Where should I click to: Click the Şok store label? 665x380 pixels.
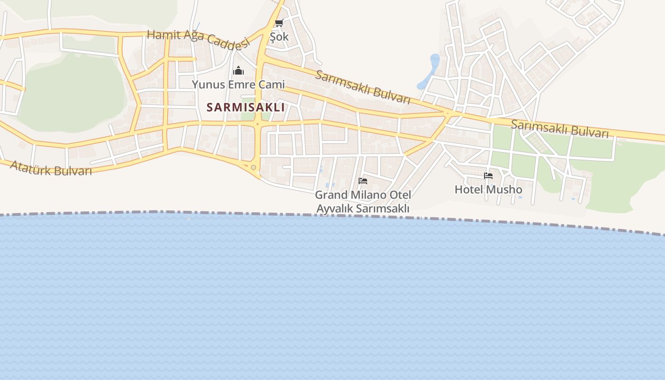(279, 37)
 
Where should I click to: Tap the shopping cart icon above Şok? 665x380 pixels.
(279, 23)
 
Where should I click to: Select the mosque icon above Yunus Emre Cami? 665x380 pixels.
(238, 71)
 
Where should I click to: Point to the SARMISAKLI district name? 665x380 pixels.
(246, 107)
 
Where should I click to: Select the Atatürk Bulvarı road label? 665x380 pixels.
(51, 168)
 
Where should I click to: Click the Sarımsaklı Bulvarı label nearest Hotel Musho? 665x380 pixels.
(559, 129)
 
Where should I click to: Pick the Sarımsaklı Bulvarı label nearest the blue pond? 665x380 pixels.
(362, 87)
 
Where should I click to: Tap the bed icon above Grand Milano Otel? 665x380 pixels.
(363, 181)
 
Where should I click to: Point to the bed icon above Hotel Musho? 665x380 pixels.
(488, 176)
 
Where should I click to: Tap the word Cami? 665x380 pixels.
(271, 85)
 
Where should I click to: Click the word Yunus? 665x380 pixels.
(207, 85)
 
